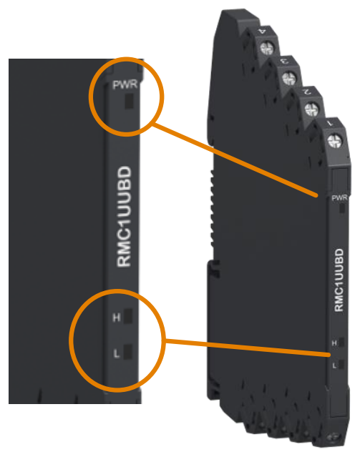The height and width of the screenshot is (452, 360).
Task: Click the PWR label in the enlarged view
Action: [125, 85]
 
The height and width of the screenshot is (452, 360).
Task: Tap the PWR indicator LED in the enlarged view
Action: [129, 101]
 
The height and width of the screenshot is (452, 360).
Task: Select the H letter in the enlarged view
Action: [116, 318]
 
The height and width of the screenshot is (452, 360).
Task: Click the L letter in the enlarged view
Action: [117, 353]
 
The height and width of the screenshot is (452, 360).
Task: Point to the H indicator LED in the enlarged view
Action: [128, 316]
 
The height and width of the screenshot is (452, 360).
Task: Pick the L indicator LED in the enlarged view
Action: [128, 352]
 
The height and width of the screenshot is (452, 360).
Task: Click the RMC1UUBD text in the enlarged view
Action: [125, 217]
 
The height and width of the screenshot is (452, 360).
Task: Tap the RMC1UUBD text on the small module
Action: [339, 280]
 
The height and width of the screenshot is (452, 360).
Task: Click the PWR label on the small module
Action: [339, 198]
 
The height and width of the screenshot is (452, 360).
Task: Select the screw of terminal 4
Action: [268, 48]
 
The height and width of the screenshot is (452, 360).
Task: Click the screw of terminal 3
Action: [289, 78]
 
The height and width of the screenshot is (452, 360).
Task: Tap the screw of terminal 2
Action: [312, 109]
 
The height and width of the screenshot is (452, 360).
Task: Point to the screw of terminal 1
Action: [335, 141]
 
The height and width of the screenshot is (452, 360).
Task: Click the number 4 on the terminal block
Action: [262, 31]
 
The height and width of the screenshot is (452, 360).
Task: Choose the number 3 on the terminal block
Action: [284, 61]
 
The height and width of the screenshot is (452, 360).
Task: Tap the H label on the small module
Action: [334, 343]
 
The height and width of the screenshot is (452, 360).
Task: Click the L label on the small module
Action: [334, 365]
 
